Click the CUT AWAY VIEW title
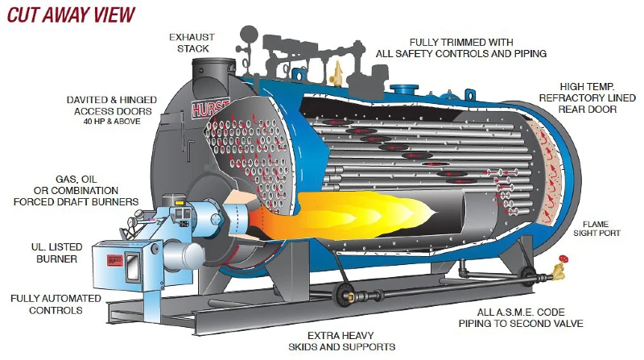pyautogui.click(x=71, y=14)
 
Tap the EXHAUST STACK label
pyautogui.click(x=192, y=43)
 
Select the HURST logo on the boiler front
pyautogui.click(x=209, y=109)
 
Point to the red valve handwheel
pyautogui.click(x=563, y=259)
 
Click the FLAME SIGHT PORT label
pyautogui.click(x=597, y=229)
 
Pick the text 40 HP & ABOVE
pyautogui.click(x=112, y=122)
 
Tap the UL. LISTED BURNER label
pyautogui.click(x=56, y=253)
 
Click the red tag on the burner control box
pyautogui.click(x=114, y=260)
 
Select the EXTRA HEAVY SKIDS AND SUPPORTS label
pyautogui.click(x=341, y=341)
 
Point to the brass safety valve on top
pyautogui.click(x=337, y=73)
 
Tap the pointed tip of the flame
pyautogui.click(x=436, y=213)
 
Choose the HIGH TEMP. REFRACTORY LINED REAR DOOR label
pyautogui.click(x=587, y=97)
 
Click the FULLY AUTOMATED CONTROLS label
pyautogui.click(x=56, y=304)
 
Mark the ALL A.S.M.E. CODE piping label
pyautogui.click(x=521, y=317)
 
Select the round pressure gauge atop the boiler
pyautogui.click(x=249, y=34)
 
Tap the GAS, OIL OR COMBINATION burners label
pyautogui.click(x=76, y=190)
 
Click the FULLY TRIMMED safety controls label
pyautogui.click(x=460, y=48)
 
